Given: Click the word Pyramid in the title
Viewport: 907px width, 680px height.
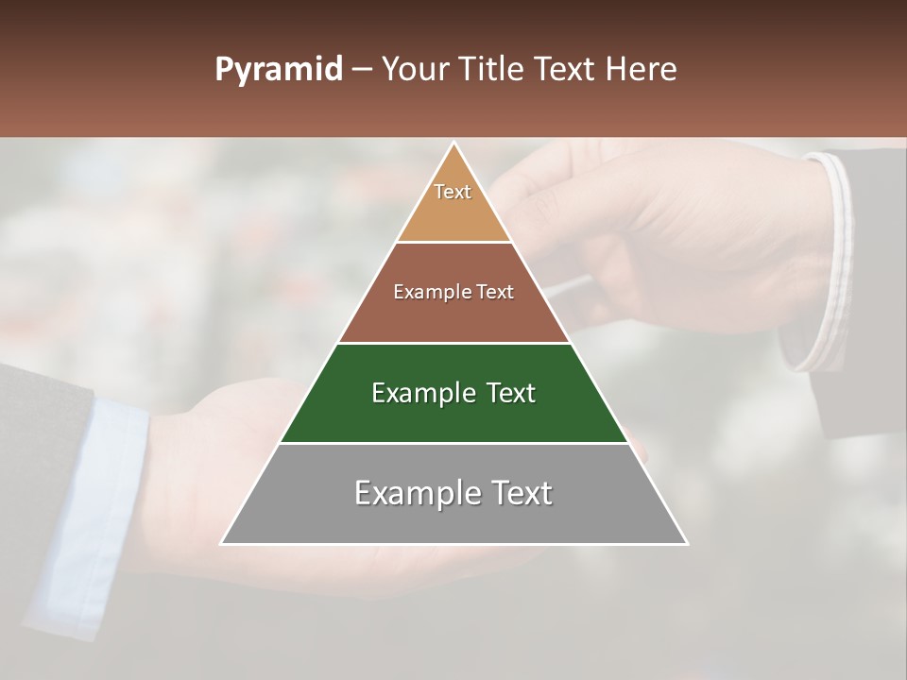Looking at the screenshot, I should [x=278, y=70].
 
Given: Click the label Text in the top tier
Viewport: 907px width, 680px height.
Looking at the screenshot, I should [x=453, y=192].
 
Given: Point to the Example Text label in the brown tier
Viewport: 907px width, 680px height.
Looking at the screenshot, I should [x=453, y=292].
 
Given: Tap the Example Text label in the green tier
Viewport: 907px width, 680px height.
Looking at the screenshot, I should [x=453, y=393].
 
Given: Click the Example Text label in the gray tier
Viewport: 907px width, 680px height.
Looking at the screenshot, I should [x=453, y=493].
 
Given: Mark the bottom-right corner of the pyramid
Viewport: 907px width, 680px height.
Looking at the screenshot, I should [x=686, y=543].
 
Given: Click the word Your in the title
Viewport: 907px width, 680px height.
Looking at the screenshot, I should [x=413, y=70].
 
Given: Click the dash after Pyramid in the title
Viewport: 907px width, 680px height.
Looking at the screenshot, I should [x=362, y=70].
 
